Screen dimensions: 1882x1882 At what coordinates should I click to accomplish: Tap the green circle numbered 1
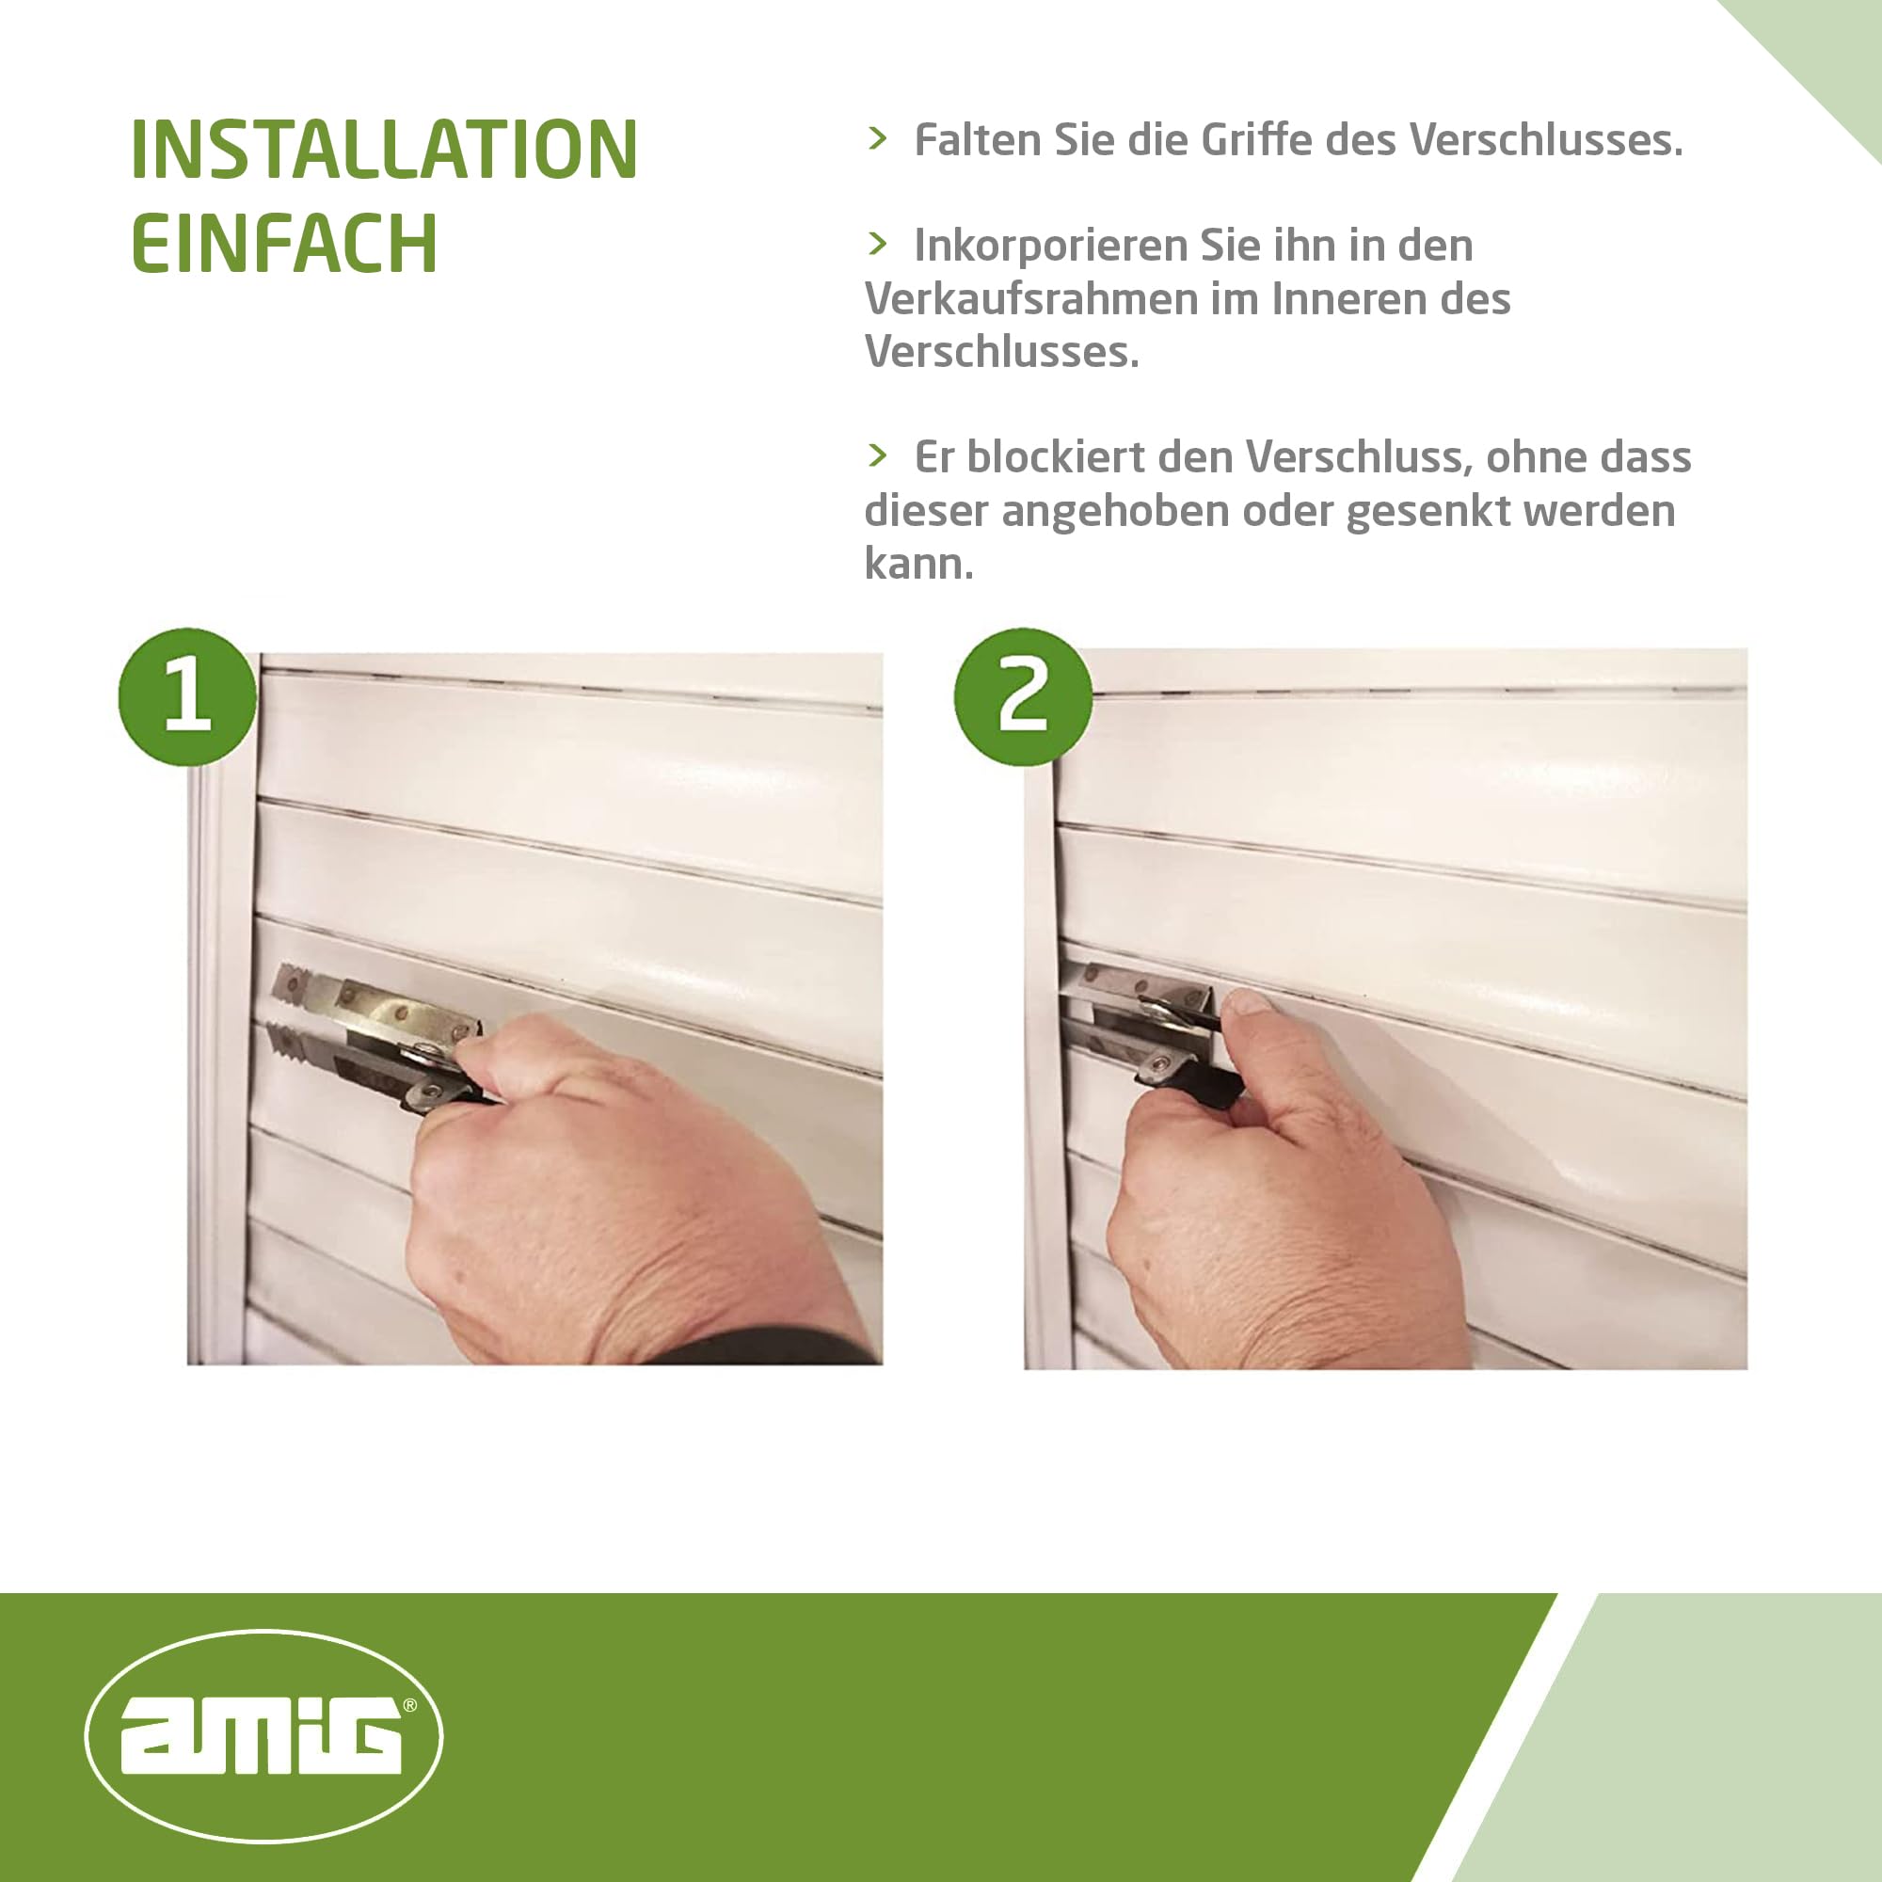tap(187, 696)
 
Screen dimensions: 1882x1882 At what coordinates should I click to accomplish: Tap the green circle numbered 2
tap(1022, 696)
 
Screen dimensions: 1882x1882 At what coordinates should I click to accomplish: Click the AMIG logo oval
tap(263, 1736)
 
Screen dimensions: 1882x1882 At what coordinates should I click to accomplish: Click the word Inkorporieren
tap(1049, 246)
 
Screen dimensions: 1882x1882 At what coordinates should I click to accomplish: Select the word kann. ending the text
tap(917, 564)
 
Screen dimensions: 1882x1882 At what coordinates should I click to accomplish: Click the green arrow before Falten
tap(877, 138)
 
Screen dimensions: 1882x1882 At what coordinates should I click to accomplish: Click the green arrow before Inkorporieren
tap(877, 244)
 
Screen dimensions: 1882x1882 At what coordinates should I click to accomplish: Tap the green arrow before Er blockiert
tap(877, 455)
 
